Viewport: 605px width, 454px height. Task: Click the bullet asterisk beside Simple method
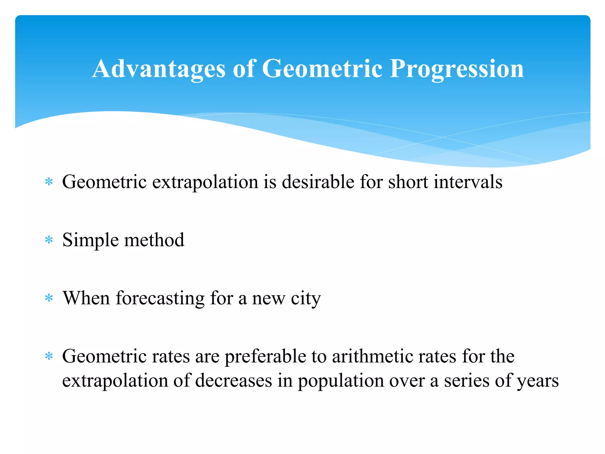(49, 240)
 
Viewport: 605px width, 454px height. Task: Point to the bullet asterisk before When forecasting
(49, 298)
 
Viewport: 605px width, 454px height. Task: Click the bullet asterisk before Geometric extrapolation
(49, 182)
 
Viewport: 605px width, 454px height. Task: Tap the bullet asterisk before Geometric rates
(49, 356)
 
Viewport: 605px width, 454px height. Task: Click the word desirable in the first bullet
(318, 181)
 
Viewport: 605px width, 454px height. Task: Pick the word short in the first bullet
(408, 181)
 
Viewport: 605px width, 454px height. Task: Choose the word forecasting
(160, 298)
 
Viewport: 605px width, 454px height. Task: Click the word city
(305, 298)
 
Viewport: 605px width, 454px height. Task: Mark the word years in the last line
(537, 381)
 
